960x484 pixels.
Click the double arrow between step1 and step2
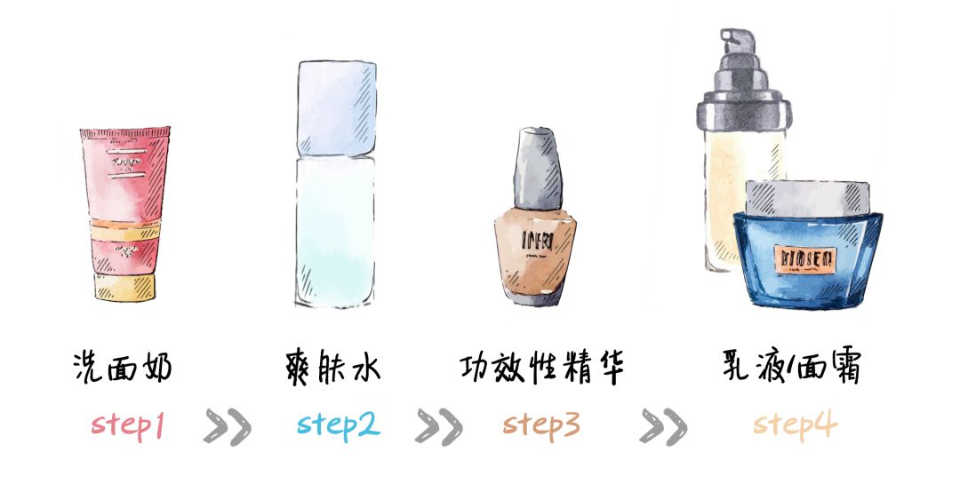[227, 426]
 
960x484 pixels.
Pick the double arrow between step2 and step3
[438, 426]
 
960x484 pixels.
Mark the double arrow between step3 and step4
[662, 426]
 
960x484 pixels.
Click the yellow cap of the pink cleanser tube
[124, 286]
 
